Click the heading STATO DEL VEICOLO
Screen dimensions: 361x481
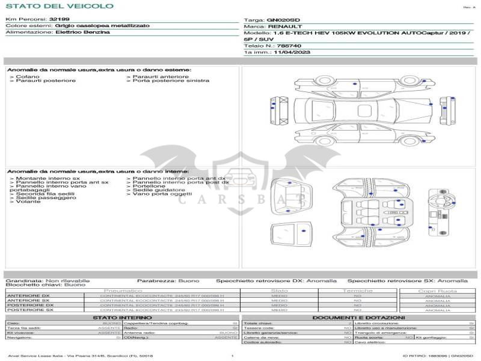click(x=60, y=6)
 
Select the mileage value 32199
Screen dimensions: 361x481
click(x=60, y=19)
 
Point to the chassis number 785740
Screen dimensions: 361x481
click(x=289, y=46)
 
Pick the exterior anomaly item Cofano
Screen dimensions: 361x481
click(x=28, y=76)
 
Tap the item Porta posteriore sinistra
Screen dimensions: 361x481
click(x=171, y=81)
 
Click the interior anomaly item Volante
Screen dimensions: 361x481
click(x=28, y=201)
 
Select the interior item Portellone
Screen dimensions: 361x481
click(x=146, y=186)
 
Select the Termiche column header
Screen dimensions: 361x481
click(x=357, y=291)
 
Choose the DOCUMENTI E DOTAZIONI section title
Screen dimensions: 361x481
click(x=358, y=317)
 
